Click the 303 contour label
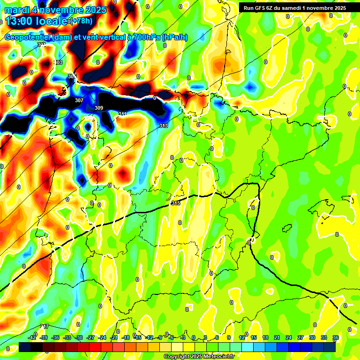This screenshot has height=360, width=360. click(x=58, y=62)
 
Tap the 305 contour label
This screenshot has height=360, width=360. click(x=72, y=76)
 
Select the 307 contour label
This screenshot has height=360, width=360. click(x=79, y=101)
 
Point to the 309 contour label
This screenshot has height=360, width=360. click(x=98, y=108)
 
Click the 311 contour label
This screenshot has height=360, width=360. click(x=122, y=114)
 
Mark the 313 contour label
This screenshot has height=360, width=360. click(x=163, y=126)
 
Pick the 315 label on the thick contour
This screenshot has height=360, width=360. click(x=176, y=203)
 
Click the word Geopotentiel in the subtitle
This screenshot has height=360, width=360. click(x=28, y=37)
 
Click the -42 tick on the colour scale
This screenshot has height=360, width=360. click(x=32, y=337)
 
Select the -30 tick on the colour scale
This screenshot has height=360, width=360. click(x=79, y=337)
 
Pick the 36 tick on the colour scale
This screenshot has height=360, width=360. click(x=336, y=337)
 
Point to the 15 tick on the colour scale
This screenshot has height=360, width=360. click(x=254, y=337)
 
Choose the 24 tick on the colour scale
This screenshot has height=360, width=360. click(x=289, y=337)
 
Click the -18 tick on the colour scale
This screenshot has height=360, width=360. click(x=126, y=337)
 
